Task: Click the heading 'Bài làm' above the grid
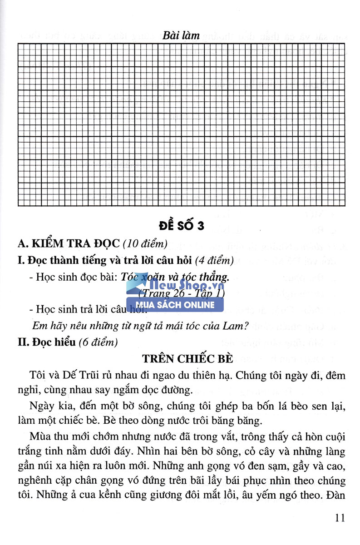coord(181,35)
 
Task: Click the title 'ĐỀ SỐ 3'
coord(181,226)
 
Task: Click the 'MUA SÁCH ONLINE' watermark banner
coord(175,305)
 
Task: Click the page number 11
coord(339,518)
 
